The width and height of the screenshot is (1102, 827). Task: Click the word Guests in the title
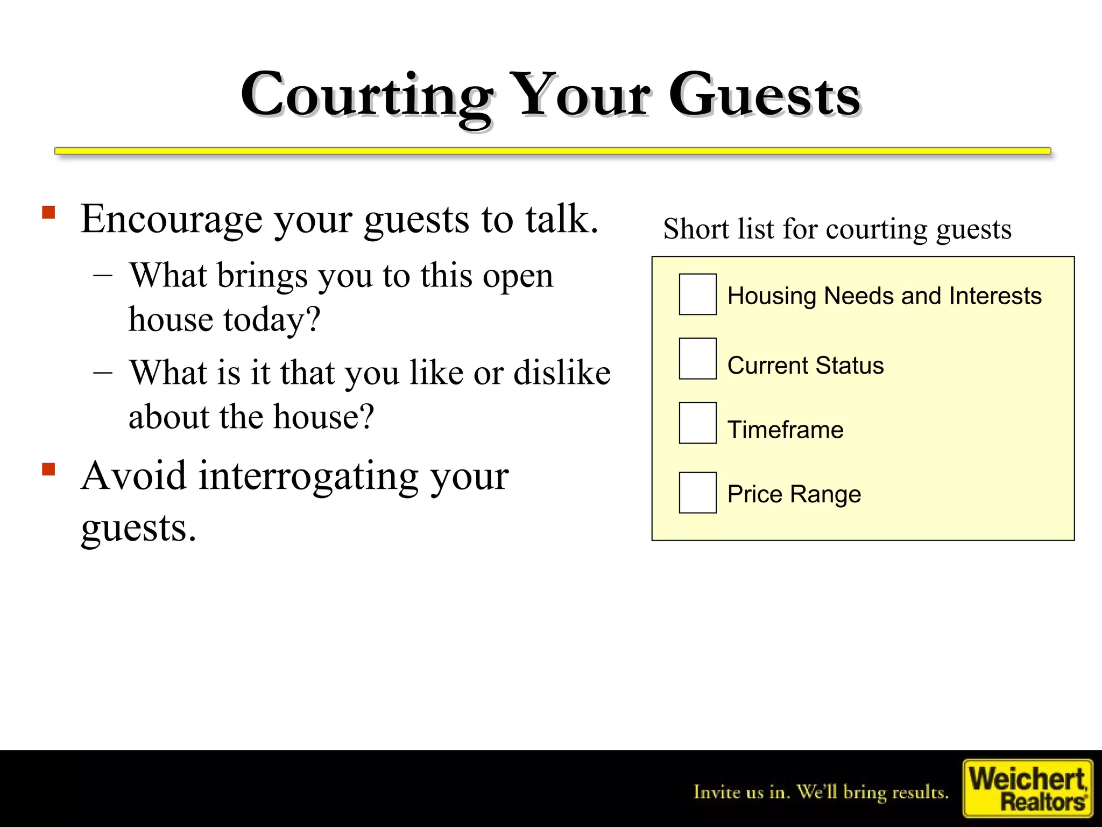[764, 96]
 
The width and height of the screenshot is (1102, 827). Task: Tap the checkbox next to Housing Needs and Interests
[697, 294]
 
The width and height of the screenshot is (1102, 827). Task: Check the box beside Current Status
[697, 359]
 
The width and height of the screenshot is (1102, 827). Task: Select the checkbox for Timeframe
[697, 423]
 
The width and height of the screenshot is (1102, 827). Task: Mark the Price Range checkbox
[697, 493]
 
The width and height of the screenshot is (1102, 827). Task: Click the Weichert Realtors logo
[1028, 788]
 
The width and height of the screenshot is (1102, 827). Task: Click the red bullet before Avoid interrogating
[49, 469]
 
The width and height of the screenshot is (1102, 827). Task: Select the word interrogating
[309, 477]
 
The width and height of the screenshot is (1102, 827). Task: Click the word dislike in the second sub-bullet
[562, 373]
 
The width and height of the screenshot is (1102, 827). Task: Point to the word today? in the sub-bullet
[272, 320]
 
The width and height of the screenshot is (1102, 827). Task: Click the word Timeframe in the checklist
[785, 430]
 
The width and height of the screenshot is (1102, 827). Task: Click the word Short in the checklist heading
[696, 229]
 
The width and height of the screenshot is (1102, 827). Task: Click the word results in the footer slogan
[920, 793]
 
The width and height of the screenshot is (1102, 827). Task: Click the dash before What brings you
[103, 275]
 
